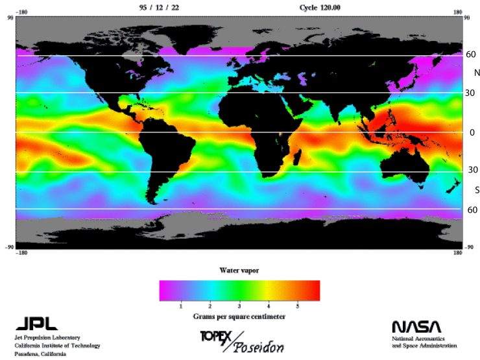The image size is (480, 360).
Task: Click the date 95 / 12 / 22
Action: [x=159, y=7]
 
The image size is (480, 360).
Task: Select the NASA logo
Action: [x=416, y=326]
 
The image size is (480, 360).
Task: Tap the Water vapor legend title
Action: [x=239, y=269]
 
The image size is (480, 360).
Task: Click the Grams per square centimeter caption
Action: [x=239, y=316]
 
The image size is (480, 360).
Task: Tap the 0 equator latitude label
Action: [x=472, y=132]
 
